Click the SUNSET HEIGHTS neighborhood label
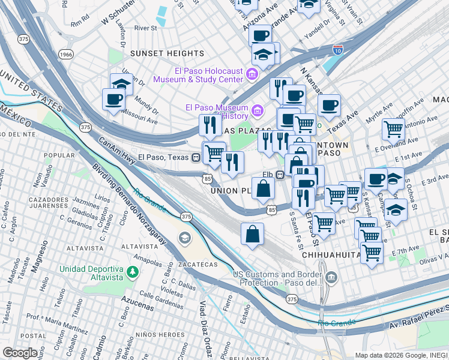156,53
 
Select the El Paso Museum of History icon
258,111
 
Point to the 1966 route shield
66,55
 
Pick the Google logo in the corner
20,353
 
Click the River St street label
145,28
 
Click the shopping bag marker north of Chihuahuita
253,234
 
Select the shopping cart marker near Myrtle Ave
393,128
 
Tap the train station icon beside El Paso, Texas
196,158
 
